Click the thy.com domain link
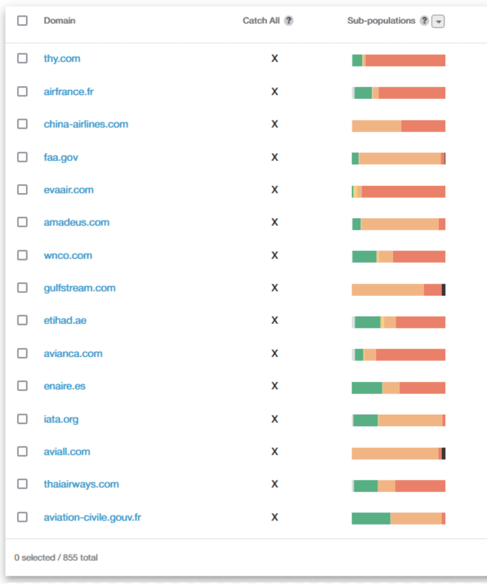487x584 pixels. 62,58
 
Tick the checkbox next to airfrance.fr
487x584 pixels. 22,91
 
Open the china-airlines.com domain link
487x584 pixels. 86,124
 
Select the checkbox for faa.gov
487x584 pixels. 22,157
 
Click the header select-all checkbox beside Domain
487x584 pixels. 22,20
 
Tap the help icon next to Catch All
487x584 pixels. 289,20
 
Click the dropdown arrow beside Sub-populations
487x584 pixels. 438,21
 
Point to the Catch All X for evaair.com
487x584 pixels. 275,190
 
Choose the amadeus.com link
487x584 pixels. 76,223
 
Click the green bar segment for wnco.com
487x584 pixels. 364,256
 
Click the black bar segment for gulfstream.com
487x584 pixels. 443,290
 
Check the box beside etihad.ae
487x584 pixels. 22,320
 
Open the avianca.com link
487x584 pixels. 73,353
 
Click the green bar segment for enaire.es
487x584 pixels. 367,387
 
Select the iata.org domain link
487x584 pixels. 61,419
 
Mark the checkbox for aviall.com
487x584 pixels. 22,451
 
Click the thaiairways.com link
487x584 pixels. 81,484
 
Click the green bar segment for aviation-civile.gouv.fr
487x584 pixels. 371,518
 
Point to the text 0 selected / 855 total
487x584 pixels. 56,558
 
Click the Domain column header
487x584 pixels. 59,20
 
